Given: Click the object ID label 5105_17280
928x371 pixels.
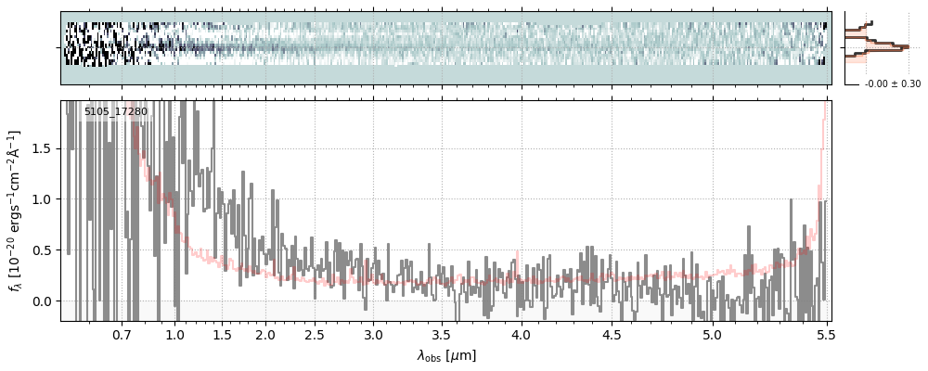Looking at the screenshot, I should [115, 112].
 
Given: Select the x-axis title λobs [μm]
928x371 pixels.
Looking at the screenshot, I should [446, 354].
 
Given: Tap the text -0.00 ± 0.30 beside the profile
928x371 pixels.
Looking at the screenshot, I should [892, 84].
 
